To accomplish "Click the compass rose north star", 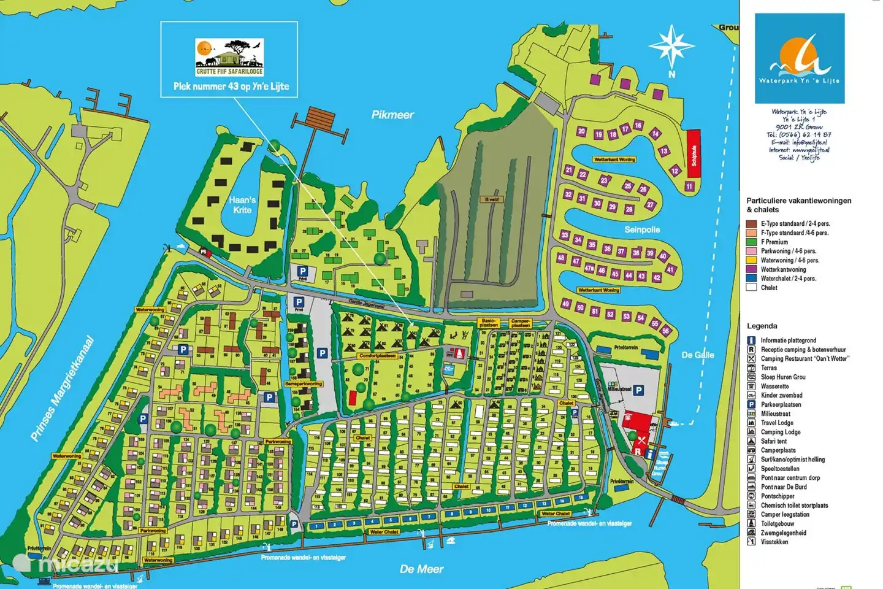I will [671, 47].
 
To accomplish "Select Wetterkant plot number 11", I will [689, 187].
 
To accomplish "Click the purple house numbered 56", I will [666, 331].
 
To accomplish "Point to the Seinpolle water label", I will [642, 229].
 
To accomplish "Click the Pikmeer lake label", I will [392, 115].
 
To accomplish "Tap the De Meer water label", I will [421, 569].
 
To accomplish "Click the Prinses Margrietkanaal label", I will [63, 388].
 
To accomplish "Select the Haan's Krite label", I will [242, 205].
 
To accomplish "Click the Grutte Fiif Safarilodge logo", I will [229, 57].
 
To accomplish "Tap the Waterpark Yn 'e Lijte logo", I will [800, 59].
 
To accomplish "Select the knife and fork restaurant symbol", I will [641, 441].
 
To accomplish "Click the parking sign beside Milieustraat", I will [638, 390].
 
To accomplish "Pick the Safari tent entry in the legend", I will [773, 441].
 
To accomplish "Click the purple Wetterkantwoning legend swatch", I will [751, 269].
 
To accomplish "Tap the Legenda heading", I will [762, 326].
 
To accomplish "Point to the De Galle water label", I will [698, 355].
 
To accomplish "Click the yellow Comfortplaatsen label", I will [377, 356].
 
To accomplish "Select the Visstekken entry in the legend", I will [774, 542].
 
